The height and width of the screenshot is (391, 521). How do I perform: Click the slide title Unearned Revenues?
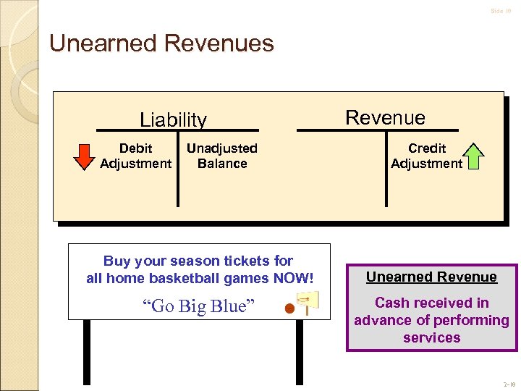pyautogui.click(x=161, y=43)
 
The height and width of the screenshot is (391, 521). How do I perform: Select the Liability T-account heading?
pyautogui.click(x=173, y=119)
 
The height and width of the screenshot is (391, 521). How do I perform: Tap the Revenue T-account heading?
pyautogui.click(x=385, y=117)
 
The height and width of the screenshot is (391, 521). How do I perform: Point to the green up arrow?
pyautogui.click(x=473, y=156)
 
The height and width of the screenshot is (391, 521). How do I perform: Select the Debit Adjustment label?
pyautogui.click(x=135, y=156)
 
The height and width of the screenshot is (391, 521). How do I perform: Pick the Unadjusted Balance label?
pyautogui.click(x=221, y=156)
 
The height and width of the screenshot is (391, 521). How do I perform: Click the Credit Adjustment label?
pyautogui.click(x=426, y=156)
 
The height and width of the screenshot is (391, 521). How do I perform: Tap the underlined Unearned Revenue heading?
pyautogui.click(x=431, y=277)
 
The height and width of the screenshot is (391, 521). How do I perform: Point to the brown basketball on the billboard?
pyautogui.click(x=289, y=309)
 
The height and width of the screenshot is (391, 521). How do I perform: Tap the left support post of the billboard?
pyautogui.click(x=87, y=351)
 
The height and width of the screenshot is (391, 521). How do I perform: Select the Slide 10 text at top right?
pyautogui.click(x=501, y=11)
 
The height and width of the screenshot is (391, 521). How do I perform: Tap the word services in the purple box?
pyautogui.click(x=431, y=337)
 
